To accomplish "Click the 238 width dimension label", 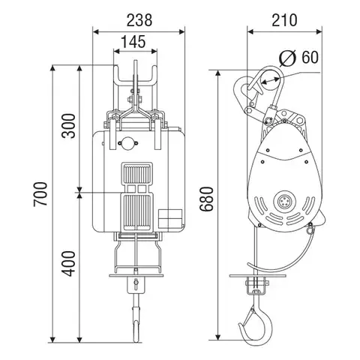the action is click(x=139, y=20).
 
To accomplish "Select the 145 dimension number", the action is click(x=133, y=41).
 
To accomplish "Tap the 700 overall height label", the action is click(x=40, y=194).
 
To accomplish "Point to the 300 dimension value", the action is click(x=68, y=126).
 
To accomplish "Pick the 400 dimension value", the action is click(x=68, y=264).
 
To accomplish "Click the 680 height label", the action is click(x=206, y=199).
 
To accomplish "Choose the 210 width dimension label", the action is click(x=284, y=20).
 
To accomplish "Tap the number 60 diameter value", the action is click(x=310, y=57).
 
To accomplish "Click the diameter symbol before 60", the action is click(x=288, y=58).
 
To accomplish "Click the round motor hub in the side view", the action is click(x=284, y=201).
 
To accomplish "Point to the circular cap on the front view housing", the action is click(x=127, y=143).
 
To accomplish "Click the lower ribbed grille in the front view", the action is click(x=136, y=212).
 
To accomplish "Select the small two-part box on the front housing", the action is click(x=170, y=218).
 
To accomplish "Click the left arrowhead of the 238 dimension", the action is click(x=96, y=31).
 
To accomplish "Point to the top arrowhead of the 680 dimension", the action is click(x=218, y=73).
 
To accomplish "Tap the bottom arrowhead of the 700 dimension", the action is click(x=52, y=339).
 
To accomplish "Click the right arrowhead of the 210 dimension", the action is click(x=319, y=31).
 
